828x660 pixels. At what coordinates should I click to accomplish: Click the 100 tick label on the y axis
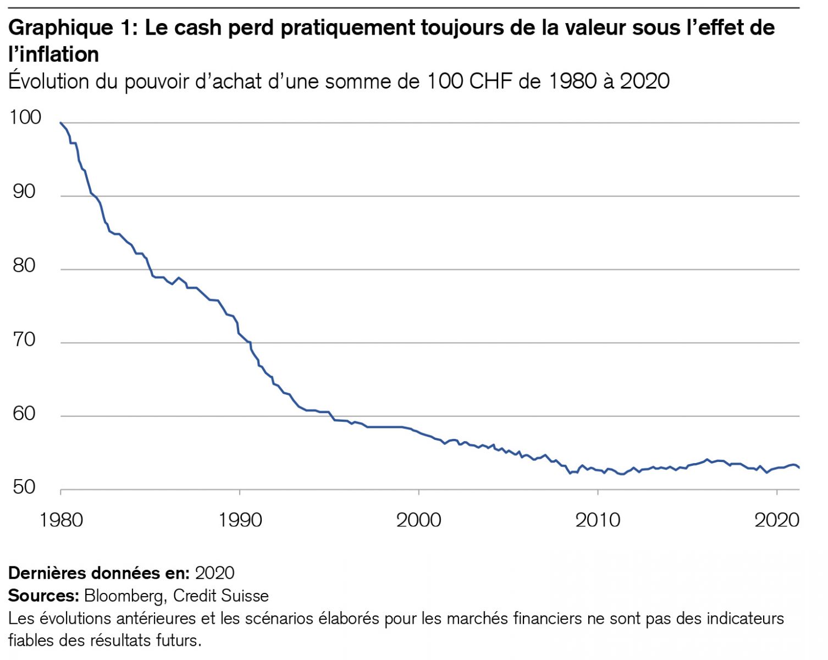pyautogui.click(x=25, y=117)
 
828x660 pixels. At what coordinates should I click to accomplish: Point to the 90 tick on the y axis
pyautogui.click(x=24, y=191)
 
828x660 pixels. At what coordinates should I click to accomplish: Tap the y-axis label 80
pyautogui.click(x=24, y=266)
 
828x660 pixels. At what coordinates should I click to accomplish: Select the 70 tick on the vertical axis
pyautogui.click(x=24, y=339)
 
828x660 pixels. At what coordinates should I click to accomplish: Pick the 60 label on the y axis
pyautogui.click(x=24, y=413)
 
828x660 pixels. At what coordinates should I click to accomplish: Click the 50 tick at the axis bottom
pyautogui.click(x=24, y=487)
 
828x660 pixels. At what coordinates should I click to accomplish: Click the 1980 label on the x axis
pyautogui.click(x=61, y=520)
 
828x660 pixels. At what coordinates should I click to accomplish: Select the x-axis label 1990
pyautogui.click(x=240, y=520)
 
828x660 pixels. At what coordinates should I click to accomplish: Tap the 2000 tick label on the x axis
pyautogui.click(x=419, y=520)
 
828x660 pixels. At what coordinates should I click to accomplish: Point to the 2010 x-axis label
pyautogui.click(x=598, y=520)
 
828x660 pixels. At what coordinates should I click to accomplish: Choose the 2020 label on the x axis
pyautogui.click(x=776, y=520)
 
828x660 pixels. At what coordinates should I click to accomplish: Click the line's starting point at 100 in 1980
pyautogui.click(x=60, y=123)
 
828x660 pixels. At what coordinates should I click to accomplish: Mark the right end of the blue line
pyautogui.click(x=799, y=468)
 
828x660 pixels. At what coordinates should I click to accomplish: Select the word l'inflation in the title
pyautogui.click(x=54, y=54)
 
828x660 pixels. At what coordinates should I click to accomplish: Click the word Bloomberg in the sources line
pyautogui.click(x=123, y=596)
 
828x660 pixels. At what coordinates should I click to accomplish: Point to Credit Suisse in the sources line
pyautogui.click(x=221, y=596)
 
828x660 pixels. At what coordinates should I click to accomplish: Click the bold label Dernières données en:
pyautogui.click(x=99, y=573)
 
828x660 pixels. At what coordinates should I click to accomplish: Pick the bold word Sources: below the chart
pyautogui.click(x=44, y=596)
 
